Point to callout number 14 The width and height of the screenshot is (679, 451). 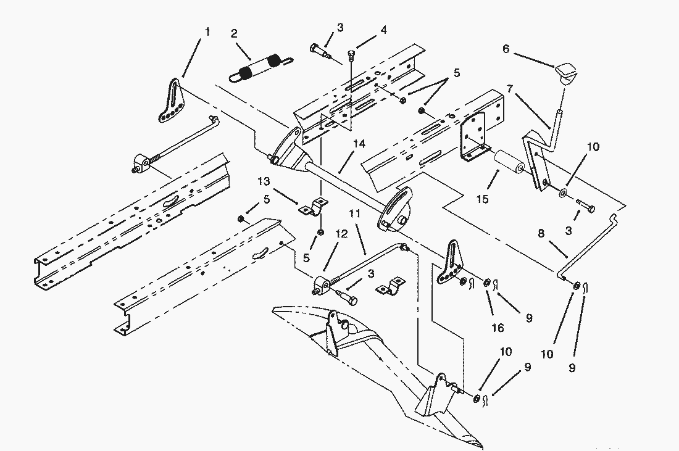[x=359, y=144]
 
